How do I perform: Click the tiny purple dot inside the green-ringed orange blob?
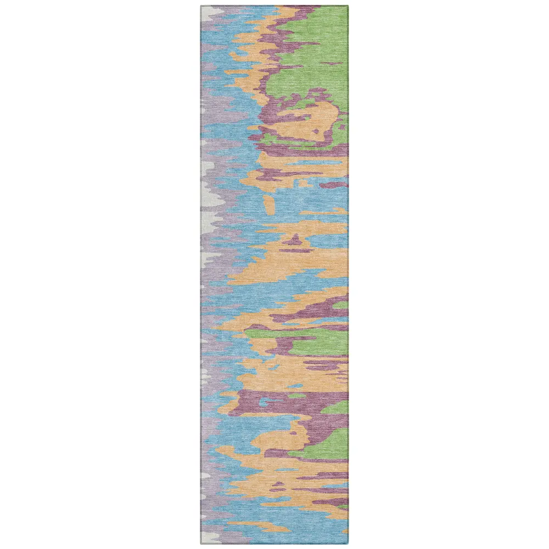tap(316, 131)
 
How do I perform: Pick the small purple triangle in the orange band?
tap(295, 240)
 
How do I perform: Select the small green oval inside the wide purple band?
tap(296, 395)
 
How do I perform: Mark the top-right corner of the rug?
tap(348, 7)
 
